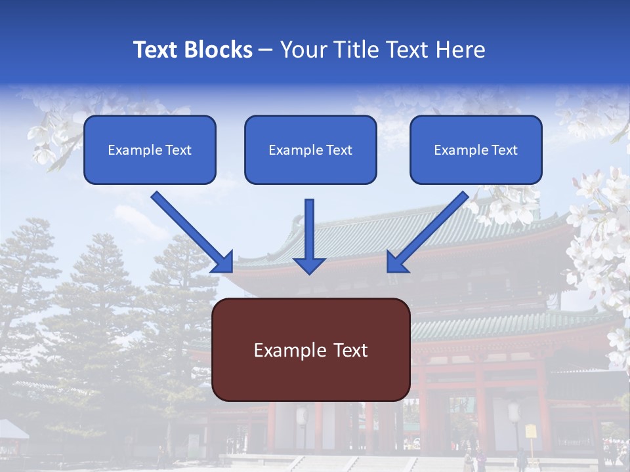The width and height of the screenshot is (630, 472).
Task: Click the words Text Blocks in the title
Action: [192, 50]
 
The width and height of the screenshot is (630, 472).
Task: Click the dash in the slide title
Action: [266, 50]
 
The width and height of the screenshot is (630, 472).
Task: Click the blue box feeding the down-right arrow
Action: [150, 149]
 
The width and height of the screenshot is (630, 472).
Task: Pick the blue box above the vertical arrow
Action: [310, 149]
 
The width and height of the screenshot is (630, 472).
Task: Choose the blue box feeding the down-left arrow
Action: [476, 149]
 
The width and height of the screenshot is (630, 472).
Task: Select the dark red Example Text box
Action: [310, 349]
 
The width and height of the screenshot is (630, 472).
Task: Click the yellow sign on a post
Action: [530, 431]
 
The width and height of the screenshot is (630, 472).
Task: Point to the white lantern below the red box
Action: [303, 416]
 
